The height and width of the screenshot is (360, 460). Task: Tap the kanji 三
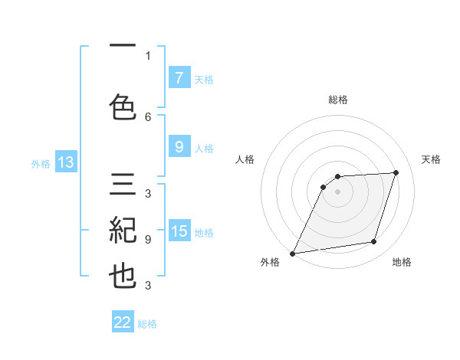tap(123, 187)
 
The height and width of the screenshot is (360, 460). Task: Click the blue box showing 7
tap(179, 77)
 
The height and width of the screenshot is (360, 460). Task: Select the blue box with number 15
tap(179, 231)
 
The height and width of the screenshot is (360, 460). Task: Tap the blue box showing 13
tap(65, 162)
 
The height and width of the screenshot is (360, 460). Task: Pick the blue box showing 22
tap(123, 322)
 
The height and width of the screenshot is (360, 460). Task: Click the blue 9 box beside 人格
tap(179, 147)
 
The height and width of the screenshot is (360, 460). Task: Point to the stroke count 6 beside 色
tap(148, 116)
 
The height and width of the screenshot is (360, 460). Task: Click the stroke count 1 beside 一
tap(148, 55)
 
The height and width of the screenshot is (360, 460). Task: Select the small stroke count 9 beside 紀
tap(148, 240)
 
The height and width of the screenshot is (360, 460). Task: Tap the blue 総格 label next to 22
tap(147, 324)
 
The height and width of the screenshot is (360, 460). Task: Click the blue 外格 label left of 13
tap(40, 163)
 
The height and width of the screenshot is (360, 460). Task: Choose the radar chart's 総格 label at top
tap(338, 100)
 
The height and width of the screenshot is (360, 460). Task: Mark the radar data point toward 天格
tap(396, 172)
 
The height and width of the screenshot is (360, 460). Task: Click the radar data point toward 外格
tap(293, 253)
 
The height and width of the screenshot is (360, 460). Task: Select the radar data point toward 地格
tap(374, 242)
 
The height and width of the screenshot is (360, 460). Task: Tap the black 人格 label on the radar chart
tap(245, 159)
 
